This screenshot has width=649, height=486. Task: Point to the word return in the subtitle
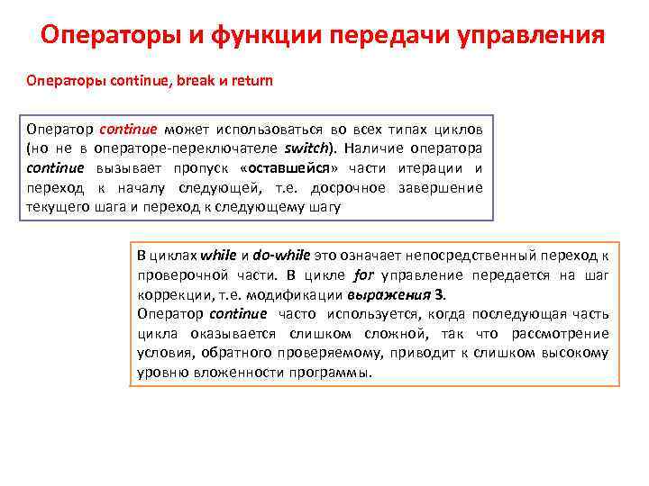(x=251, y=80)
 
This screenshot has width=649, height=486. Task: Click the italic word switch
(x=306, y=148)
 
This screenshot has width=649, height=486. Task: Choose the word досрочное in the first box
(x=347, y=187)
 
